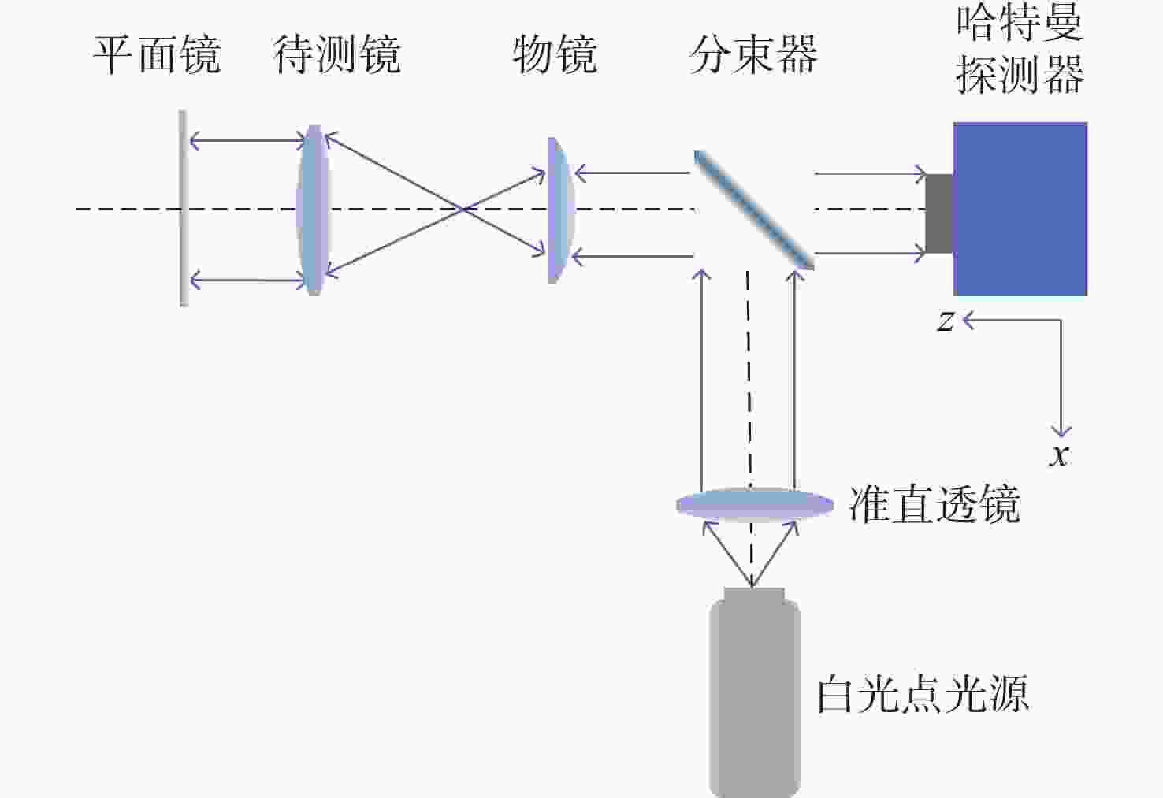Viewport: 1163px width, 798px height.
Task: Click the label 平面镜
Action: (157, 54)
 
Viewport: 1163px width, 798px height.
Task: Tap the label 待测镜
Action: (337, 54)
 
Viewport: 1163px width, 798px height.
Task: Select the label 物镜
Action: (555, 54)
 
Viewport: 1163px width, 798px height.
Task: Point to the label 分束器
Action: (753, 54)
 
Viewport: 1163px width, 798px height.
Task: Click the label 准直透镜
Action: (934, 504)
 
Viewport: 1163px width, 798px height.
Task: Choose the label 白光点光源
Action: (923, 694)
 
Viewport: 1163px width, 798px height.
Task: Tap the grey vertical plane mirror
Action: (183, 208)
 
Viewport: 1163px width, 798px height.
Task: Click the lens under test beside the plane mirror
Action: (313, 210)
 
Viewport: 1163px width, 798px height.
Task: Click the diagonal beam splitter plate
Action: (754, 210)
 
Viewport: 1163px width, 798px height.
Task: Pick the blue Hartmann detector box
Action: (1020, 210)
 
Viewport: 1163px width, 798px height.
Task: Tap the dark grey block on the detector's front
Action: (939, 214)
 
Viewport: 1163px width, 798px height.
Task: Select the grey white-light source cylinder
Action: (754, 693)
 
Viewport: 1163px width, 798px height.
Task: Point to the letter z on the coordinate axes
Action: (946, 321)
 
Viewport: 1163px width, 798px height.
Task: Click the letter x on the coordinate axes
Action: (1059, 456)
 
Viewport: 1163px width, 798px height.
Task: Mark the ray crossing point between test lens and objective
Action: (462, 210)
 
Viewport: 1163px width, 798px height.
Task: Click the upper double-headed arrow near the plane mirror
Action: (247, 140)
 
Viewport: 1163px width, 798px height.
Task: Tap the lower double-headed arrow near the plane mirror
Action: (247, 280)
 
